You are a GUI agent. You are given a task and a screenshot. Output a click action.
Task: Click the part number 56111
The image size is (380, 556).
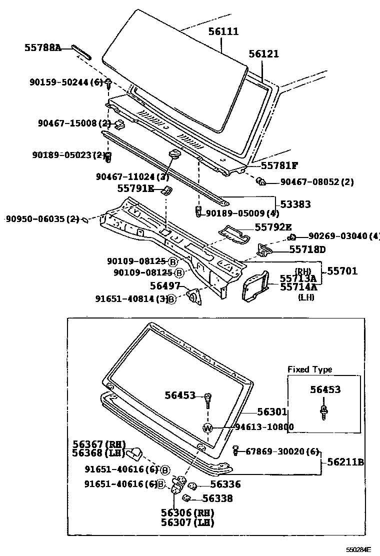pyautogui.click(x=223, y=32)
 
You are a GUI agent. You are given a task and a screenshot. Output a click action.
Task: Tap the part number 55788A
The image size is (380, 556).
pyautogui.click(x=42, y=47)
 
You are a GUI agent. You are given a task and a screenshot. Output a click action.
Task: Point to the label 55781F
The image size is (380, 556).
pyautogui.click(x=280, y=165)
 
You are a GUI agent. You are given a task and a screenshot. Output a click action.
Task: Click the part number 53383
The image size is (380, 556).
pyautogui.click(x=295, y=204)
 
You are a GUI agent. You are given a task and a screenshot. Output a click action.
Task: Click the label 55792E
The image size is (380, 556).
pyautogui.click(x=273, y=227)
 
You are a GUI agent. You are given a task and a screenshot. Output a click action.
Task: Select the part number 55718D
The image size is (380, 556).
pyautogui.click(x=307, y=249)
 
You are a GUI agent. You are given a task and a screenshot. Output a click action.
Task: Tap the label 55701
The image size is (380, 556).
pyautogui.click(x=342, y=271)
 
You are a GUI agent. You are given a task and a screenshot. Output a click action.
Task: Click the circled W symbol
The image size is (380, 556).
pyautogui.click(x=208, y=427)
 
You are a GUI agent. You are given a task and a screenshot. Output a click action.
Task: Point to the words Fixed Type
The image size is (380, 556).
pyautogui.click(x=309, y=369)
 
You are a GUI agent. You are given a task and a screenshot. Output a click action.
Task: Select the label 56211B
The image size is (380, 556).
pyautogui.click(x=345, y=462)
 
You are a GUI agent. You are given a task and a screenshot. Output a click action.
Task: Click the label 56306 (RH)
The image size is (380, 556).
pyautogui.click(x=187, y=513)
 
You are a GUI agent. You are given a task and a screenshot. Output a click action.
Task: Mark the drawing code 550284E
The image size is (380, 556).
pyautogui.click(x=360, y=549)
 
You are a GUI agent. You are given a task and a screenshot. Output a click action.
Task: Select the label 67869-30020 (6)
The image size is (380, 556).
pyautogui.click(x=282, y=451)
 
